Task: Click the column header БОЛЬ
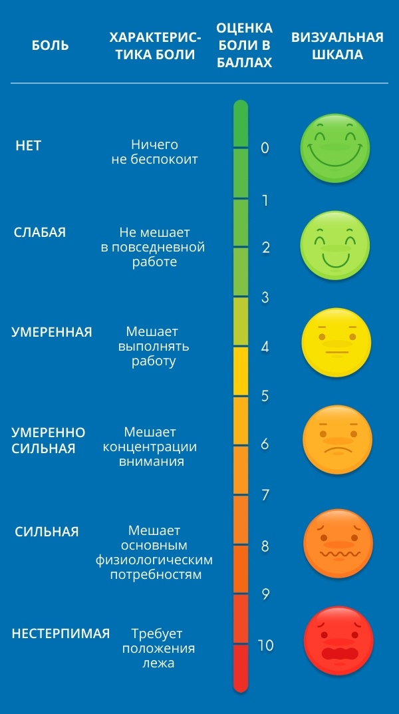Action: [x=51, y=45]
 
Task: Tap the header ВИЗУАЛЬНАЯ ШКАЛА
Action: [x=337, y=45]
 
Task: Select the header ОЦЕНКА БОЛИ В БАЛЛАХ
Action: [x=244, y=45]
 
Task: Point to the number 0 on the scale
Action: [x=265, y=148]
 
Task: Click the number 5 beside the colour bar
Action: [x=265, y=396]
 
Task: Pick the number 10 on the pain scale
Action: [x=265, y=645]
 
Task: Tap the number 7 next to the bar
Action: [x=265, y=494]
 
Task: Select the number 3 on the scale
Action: [x=265, y=297]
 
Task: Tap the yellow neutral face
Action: [x=336, y=342]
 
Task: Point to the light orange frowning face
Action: [x=337, y=441]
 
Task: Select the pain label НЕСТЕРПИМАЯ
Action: [x=61, y=633]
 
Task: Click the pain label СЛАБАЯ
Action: [x=40, y=232]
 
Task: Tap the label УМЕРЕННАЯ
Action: [x=52, y=332]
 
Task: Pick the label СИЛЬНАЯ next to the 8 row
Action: [x=47, y=532]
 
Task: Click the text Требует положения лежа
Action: [x=158, y=648]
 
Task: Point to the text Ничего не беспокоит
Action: [x=154, y=152]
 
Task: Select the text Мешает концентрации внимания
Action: [x=150, y=446]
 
